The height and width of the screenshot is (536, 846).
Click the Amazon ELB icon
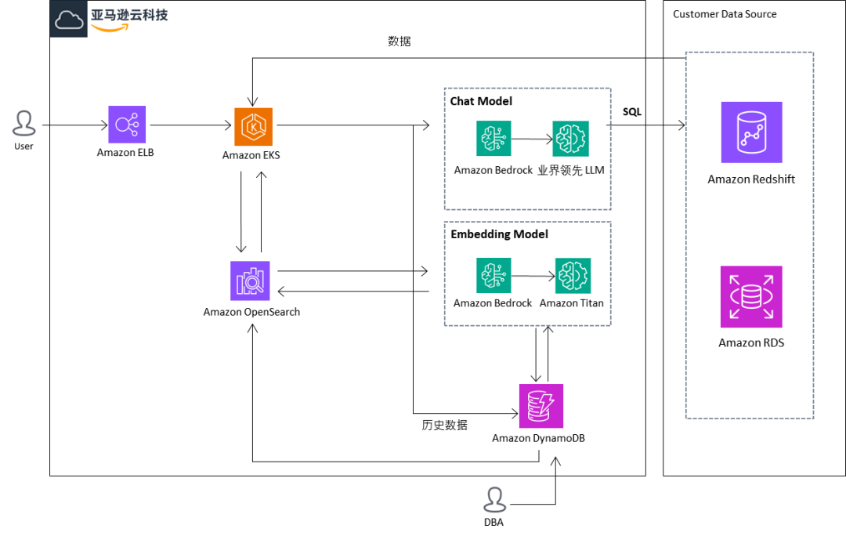pos(127,125)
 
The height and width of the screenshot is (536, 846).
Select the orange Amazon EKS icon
pos(253,127)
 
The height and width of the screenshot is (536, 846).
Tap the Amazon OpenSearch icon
pos(250,281)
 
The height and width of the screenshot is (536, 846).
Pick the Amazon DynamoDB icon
pos(541,406)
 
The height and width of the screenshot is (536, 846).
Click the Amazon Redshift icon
pos(751,132)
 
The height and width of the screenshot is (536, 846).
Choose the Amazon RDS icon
pos(751,297)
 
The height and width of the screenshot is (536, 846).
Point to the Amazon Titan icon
pos(573,276)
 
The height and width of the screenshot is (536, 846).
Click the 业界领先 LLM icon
pos(570,139)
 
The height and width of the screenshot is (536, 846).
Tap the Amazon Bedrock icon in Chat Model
pos(493,139)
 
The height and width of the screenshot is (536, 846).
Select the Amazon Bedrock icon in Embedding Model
pos(493,276)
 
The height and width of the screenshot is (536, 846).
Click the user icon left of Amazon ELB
pos(24,124)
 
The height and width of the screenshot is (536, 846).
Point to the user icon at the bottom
pos(494,500)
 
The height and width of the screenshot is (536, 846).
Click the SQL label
pos(631,112)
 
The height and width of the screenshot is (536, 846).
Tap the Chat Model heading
pos(481,101)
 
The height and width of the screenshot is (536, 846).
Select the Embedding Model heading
pos(499,234)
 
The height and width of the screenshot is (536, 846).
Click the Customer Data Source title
pos(725,14)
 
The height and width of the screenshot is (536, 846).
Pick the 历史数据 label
pos(444,426)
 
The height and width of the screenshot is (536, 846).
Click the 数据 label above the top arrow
pos(399,42)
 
